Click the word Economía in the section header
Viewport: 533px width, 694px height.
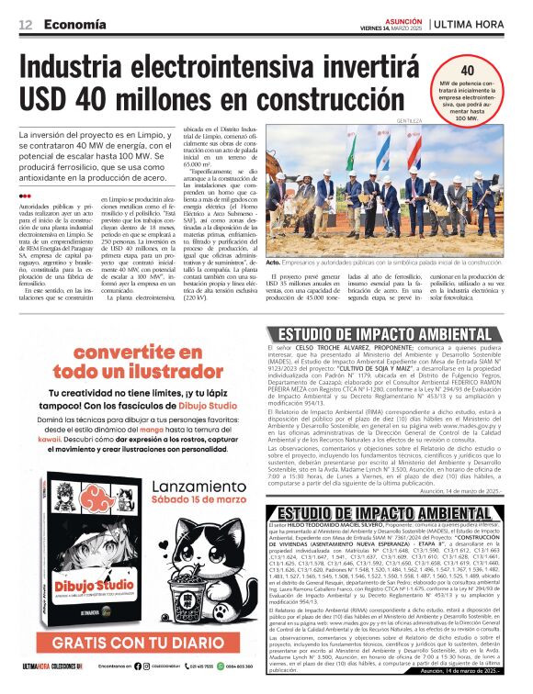point(74,24)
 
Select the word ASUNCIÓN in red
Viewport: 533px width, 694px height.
point(403,18)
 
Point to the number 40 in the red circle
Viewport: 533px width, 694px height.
point(466,72)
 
